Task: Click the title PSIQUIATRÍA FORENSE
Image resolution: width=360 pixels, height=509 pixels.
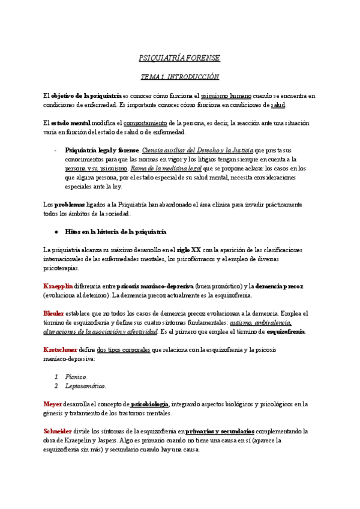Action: (x=179, y=58)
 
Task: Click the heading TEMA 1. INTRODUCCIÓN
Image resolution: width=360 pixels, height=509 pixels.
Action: (x=179, y=77)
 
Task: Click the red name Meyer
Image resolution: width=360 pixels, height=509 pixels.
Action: (x=53, y=404)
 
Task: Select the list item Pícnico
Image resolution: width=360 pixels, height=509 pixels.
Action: (x=77, y=376)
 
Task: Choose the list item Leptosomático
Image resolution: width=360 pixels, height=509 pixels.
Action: (x=86, y=385)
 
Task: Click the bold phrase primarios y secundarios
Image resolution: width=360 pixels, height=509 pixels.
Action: (x=220, y=431)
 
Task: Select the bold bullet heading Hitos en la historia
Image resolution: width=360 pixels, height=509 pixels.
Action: (x=115, y=231)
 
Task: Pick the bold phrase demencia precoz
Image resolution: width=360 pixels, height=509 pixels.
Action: (x=275, y=286)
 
